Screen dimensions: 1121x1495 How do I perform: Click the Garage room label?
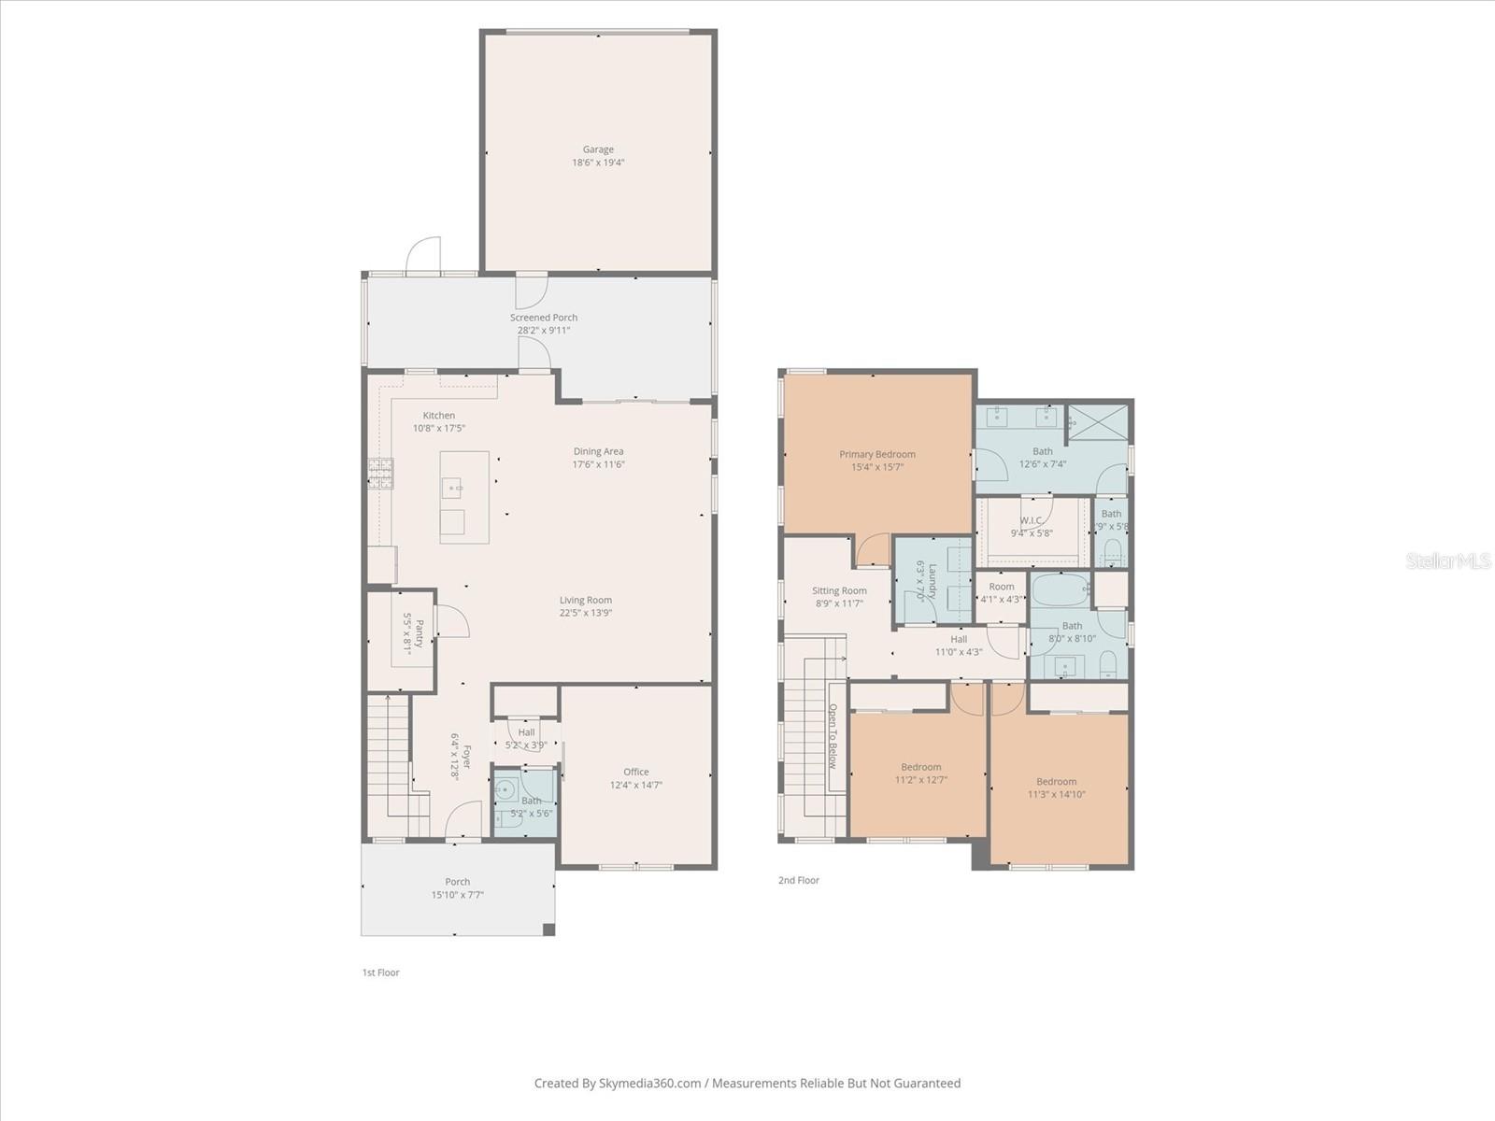(598, 149)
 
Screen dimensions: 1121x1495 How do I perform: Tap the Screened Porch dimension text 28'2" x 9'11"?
(544, 330)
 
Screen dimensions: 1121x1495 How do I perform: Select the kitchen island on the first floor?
(464, 497)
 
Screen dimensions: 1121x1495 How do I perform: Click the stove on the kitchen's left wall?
(380, 474)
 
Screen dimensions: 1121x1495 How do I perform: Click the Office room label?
(636, 772)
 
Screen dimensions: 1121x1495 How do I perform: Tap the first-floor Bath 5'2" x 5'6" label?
(531, 802)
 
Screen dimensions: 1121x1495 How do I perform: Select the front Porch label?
(458, 882)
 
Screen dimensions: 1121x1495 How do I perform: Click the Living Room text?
(586, 601)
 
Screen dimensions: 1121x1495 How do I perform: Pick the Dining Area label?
(598, 451)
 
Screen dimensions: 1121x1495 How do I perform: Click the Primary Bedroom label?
(876, 455)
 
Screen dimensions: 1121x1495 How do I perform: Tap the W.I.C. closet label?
(1032, 520)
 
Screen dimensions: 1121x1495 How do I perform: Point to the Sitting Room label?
(839, 590)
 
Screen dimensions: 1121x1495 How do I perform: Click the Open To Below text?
(833, 737)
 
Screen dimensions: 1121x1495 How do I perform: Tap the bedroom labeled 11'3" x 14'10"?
(1056, 788)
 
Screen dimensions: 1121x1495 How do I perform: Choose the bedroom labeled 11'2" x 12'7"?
(921, 773)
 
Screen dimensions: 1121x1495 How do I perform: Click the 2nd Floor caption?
(798, 880)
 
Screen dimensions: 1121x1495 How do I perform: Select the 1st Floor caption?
(380, 972)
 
